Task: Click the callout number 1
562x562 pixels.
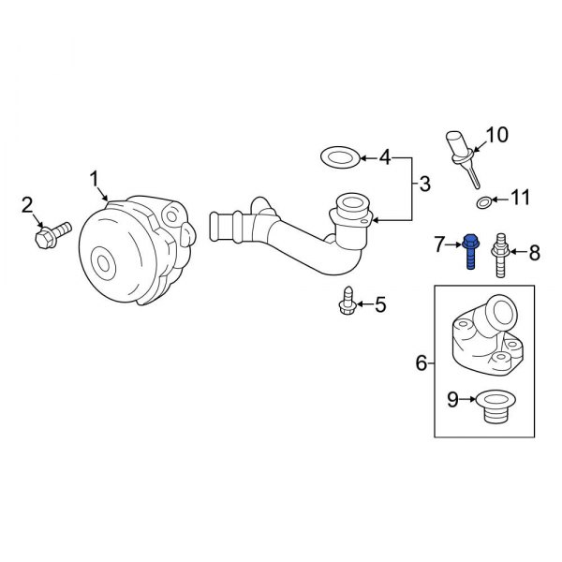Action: pos(93,177)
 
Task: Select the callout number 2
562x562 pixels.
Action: pos(27,203)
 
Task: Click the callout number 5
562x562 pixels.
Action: pos(379,303)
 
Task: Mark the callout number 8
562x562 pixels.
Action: pos(535,251)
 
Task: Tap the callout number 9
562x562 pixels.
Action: pos(451,402)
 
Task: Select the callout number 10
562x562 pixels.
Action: pos(496,135)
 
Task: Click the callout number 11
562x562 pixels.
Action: pos(520,198)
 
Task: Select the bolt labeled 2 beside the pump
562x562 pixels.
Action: pos(53,231)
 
